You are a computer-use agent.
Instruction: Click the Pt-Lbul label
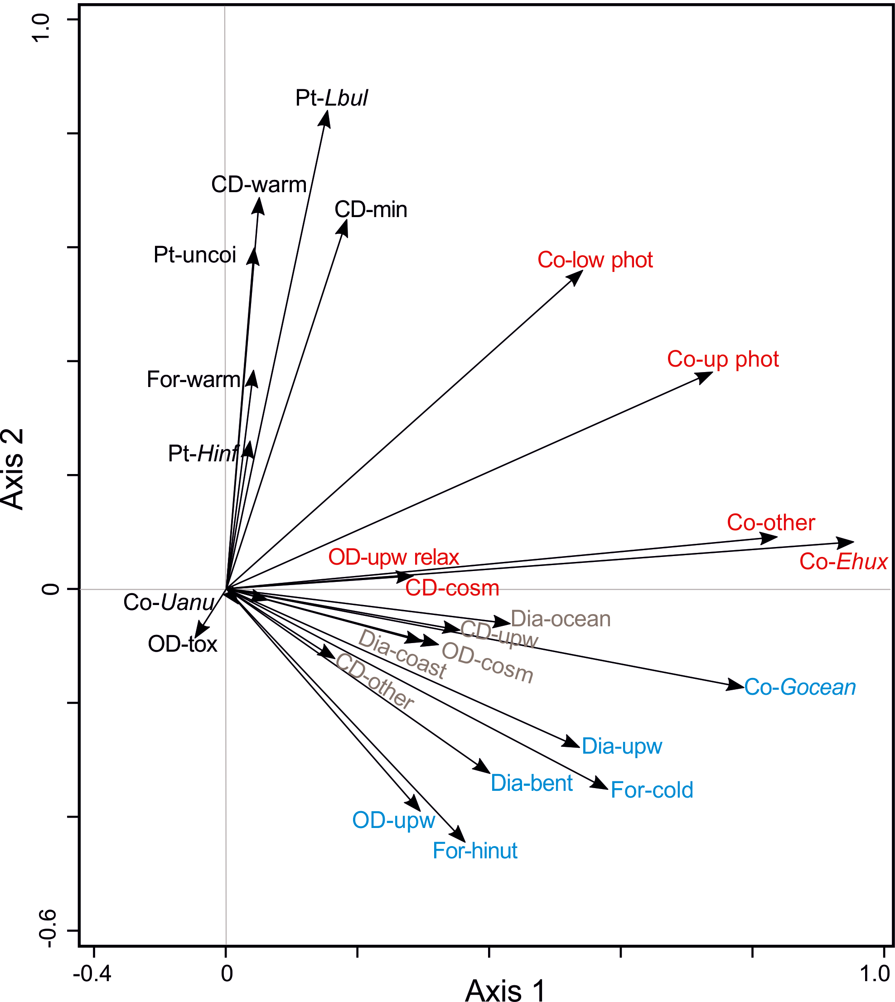[x=331, y=98]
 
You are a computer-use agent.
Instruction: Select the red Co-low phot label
[x=595, y=260]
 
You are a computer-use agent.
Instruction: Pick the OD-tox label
[x=183, y=644]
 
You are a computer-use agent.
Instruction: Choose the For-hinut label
[x=474, y=851]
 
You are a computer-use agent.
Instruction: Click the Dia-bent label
[x=532, y=783]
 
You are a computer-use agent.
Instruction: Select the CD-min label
[x=371, y=210]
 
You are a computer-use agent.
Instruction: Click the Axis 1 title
[x=505, y=988]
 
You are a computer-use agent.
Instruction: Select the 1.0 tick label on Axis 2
[x=41, y=27]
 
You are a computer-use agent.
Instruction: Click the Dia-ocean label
[x=561, y=619]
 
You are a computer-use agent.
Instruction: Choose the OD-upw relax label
[x=393, y=557]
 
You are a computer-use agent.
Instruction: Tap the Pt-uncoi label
[x=195, y=255]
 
